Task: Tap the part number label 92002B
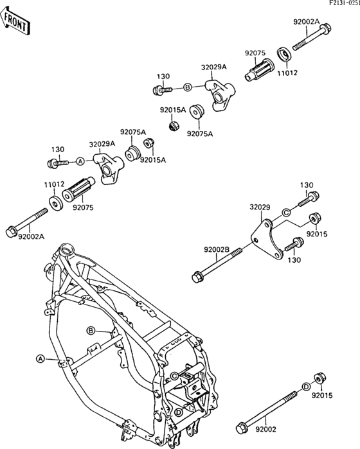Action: [217, 249]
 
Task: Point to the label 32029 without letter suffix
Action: [260, 207]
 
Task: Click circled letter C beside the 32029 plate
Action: [287, 211]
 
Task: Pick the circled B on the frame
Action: [91, 330]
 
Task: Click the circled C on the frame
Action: [175, 376]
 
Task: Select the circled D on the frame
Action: [177, 412]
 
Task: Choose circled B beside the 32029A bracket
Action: [188, 87]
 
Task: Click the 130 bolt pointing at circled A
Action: [58, 163]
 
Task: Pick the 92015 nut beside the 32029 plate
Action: [314, 218]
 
